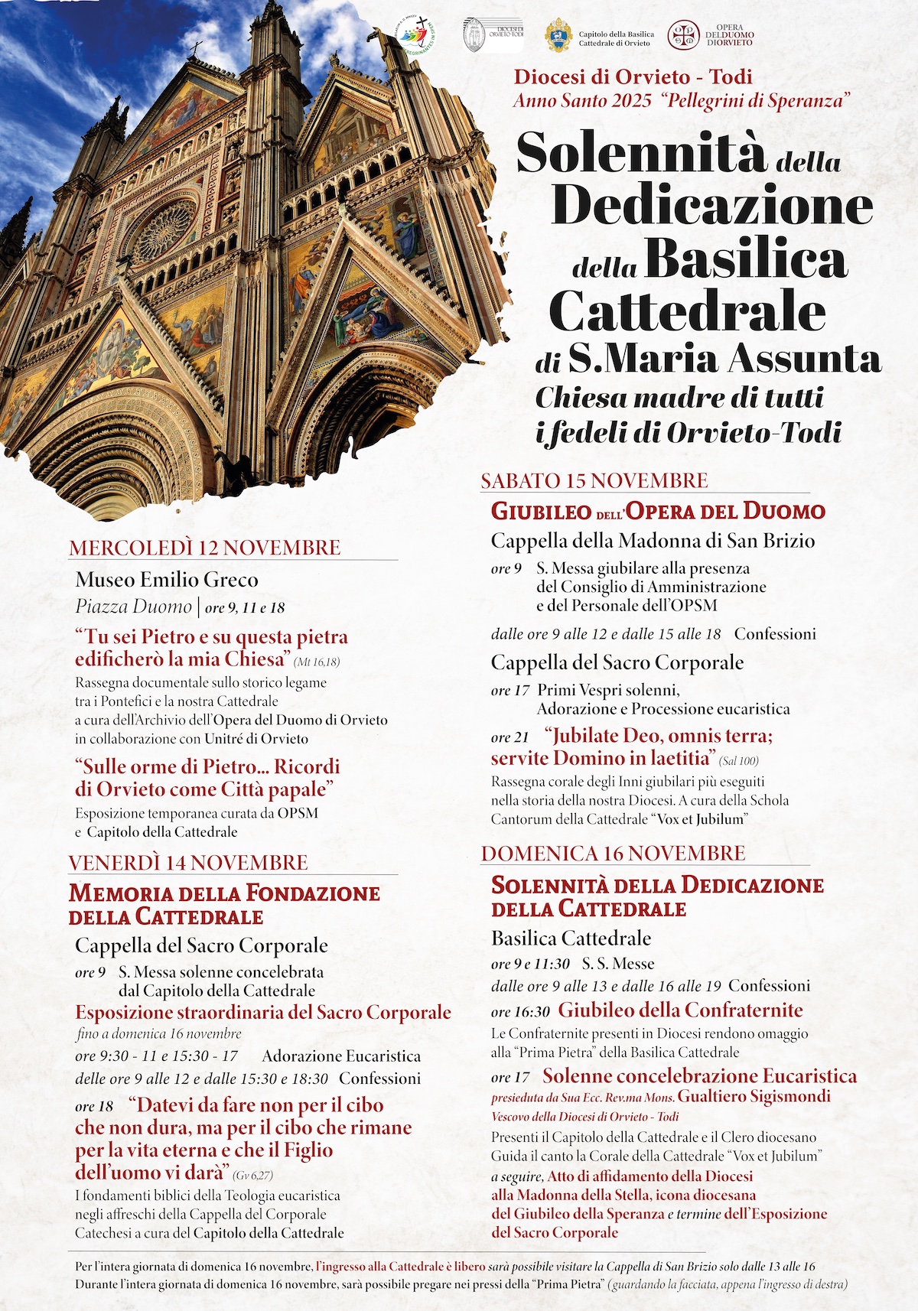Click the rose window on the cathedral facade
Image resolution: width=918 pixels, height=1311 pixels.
tap(164, 231)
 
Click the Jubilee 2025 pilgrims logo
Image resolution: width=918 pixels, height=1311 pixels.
tap(418, 37)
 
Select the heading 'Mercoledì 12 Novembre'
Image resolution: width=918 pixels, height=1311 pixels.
tap(204, 548)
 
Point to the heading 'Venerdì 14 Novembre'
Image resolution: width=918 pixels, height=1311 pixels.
tap(188, 863)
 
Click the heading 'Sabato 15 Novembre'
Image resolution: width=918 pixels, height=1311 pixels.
tap(594, 480)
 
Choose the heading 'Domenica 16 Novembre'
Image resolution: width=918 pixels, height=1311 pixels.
tap(613, 853)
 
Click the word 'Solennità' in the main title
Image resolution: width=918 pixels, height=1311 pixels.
tap(641, 153)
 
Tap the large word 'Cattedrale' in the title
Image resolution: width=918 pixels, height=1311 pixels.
tap(687, 311)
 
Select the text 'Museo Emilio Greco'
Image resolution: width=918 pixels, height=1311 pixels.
tap(167, 579)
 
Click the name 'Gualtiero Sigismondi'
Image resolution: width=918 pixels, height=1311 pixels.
tap(754, 1096)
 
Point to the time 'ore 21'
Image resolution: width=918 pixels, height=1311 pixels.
tap(509, 737)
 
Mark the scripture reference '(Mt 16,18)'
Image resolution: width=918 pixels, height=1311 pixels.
tap(317, 662)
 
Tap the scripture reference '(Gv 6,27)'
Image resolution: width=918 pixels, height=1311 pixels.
tap(252, 1175)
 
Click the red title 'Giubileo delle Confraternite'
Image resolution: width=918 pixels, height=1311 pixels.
tap(680, 1010)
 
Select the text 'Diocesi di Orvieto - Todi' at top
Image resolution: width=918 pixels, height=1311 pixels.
tap(633, 76)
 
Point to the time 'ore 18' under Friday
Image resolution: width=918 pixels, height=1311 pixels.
tap(94, 1107)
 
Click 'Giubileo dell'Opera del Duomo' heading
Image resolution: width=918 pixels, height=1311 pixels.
tap(658, 511)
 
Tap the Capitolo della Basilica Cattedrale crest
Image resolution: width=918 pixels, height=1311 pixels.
tap(558, 36)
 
